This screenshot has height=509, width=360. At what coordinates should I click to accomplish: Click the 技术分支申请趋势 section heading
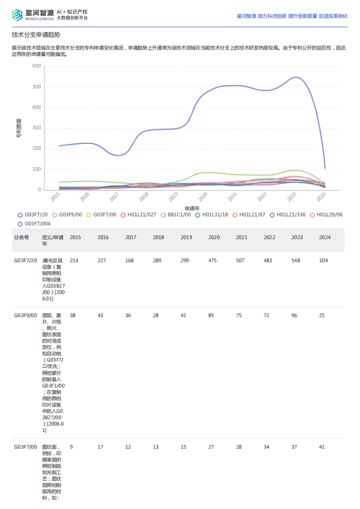(x=36, y=35)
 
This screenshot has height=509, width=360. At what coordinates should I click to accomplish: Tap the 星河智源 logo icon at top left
(x=17, y=15)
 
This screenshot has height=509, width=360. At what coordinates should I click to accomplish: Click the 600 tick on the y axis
(x=37, y=66)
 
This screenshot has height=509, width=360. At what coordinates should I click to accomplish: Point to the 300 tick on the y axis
(x=37, y=128)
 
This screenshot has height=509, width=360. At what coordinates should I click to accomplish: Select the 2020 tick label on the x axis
(x=203, y=197)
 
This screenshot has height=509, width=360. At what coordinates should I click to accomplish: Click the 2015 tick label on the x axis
(x=55, y=197)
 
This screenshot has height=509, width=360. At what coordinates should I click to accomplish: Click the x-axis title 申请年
(x=192, y=208)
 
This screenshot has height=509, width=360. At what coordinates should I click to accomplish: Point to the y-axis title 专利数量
(x=19, y=128)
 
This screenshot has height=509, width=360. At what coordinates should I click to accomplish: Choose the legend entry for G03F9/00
(x=67, y=215)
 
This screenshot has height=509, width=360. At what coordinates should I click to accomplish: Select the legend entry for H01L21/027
(x=139, y=215)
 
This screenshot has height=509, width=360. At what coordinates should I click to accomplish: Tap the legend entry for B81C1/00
(x=176, y=215)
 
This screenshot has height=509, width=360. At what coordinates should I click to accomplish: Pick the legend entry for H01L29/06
(x=326, y=215)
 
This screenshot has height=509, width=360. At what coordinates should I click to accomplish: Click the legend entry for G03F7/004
(x=34, y=224)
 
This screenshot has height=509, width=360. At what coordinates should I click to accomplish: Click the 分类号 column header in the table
(x=22, y=237)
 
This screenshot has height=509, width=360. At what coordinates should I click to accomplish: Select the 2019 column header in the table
(x=186, y=237)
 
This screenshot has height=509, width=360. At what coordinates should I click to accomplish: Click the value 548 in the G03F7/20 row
(x=295, y=260)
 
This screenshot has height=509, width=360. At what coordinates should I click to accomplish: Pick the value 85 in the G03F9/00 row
(x=211, y=315)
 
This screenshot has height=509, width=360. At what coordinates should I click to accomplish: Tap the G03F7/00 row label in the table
(x=25, y=447)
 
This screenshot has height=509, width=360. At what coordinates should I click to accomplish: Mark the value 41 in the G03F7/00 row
(x=322, y=447)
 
